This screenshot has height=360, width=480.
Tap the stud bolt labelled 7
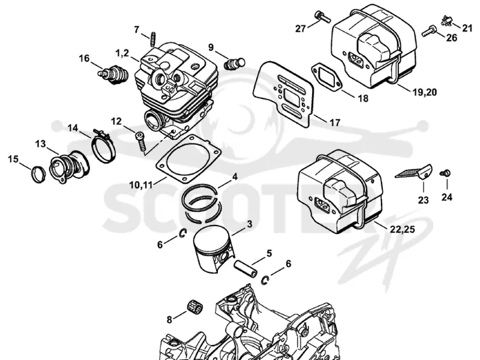pos(153,39)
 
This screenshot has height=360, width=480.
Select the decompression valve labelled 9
pos(235,64)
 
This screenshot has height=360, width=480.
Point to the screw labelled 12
pos(140,141)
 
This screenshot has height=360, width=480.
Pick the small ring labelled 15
pos(38,174)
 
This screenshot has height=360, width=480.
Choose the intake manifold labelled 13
pos(69,166)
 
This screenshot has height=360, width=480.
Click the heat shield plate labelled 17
pos(283,94)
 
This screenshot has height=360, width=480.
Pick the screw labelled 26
pos(430,31)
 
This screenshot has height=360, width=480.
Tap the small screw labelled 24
pos(445,173)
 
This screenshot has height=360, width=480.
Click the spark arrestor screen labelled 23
pos(413,172)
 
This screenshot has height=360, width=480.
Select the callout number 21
pos(467,28)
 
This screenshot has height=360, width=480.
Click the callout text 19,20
pos(425,92)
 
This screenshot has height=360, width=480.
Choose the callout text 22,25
pos(402,229)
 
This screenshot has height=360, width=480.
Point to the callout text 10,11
pos(141,185)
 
